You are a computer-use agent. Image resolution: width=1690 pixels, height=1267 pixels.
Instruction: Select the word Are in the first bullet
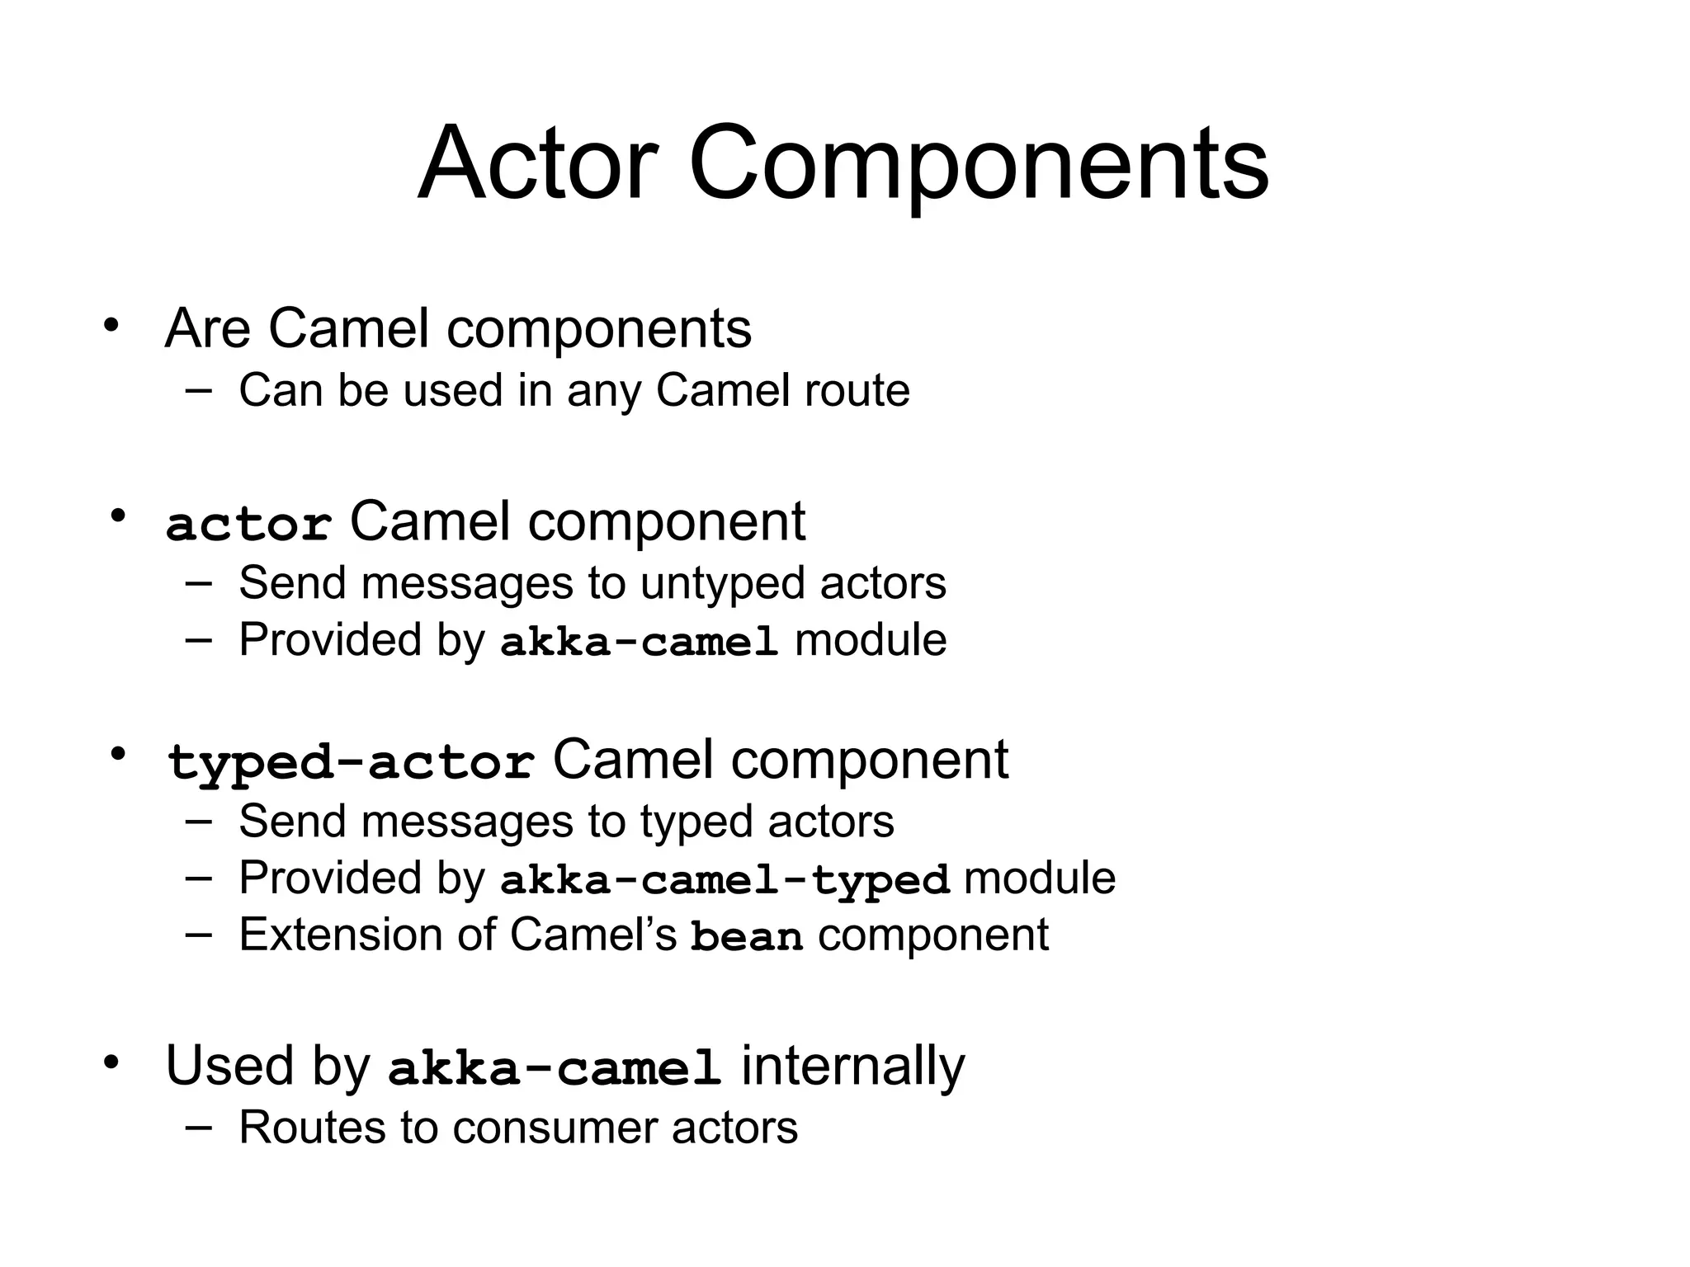[207, 328]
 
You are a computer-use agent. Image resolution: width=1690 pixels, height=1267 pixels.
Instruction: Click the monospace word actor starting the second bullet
[248, 525]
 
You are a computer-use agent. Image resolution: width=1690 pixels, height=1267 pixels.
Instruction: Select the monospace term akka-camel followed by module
[640, 642]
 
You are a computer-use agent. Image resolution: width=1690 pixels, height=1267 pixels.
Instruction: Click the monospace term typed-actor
[351, 762]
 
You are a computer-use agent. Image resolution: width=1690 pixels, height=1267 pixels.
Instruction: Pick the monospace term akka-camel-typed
[725, 879]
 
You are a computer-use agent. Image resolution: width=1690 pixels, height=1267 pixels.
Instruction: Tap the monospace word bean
[747, 937]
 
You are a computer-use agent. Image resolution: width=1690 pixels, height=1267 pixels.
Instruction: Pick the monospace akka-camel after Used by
[555, 1069]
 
